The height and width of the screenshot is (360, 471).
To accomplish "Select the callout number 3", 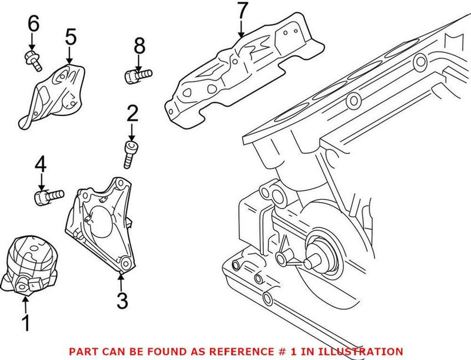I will (122, 301).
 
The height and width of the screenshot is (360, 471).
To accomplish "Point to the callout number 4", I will (40, 164).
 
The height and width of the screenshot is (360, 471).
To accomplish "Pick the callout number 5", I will (70, 37).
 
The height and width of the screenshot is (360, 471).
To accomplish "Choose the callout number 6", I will (33, 24).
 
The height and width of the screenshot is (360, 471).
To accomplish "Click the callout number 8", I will (138, 45).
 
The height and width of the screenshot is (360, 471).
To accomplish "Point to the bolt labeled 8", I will (139, 75).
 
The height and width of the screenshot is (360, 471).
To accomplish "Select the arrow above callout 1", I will (25, 303).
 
